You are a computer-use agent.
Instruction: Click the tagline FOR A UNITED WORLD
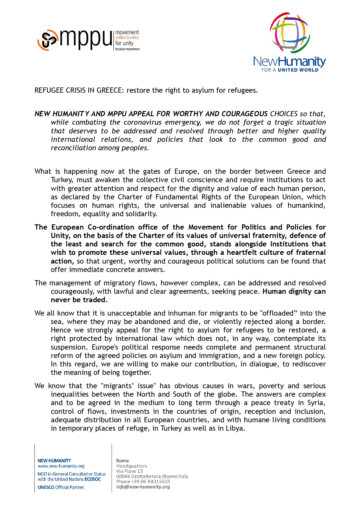coord(290,70)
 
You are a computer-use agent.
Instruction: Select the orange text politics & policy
coord(127,37)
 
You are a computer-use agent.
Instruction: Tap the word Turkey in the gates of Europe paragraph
coord(62,180)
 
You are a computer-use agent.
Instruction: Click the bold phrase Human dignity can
coord(294,291)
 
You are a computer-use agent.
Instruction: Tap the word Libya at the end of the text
coord(235,428)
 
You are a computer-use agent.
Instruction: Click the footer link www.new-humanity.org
coord(61,466)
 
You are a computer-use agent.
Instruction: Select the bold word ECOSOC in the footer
coord(93,479)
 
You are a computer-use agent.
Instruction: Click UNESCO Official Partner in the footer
coord(61,487)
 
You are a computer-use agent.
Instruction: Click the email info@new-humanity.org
coord(143,487)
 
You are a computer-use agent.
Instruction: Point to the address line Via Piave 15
coord(129,471)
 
